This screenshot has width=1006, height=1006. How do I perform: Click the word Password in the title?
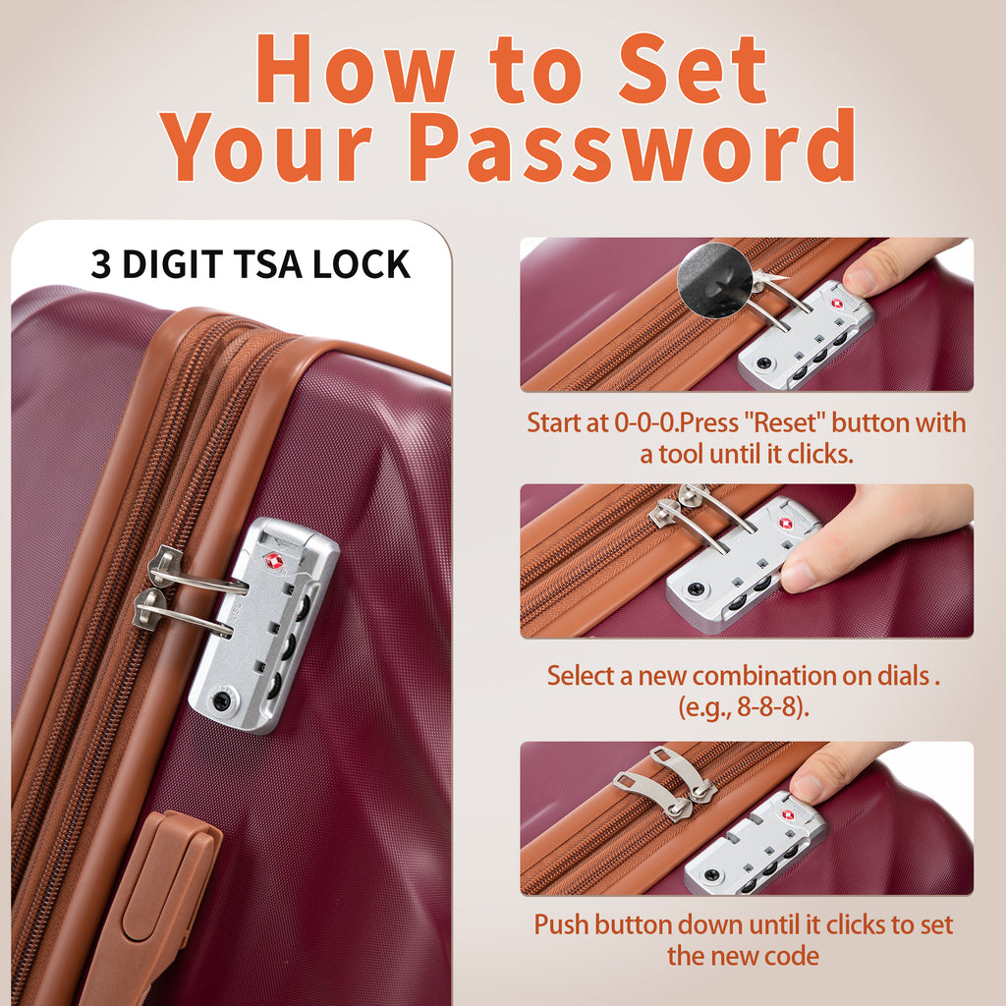pyautogui.click(x=632, y=146)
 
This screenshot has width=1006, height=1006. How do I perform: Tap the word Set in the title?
pyautogui.click(x=693, y=69)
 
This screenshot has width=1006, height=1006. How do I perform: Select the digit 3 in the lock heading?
pyautogui.click(x=101, y=263)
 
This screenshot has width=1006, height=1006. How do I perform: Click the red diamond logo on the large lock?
pyautogui.click(x=274, y=560)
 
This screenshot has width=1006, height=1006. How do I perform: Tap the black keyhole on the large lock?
pyautogui.click(x=222, y=699)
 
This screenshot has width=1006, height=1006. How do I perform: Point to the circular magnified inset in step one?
pyautogui.click(x=714, y=280)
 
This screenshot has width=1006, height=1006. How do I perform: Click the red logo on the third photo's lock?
pyautogui.click(x=788, y=815)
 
